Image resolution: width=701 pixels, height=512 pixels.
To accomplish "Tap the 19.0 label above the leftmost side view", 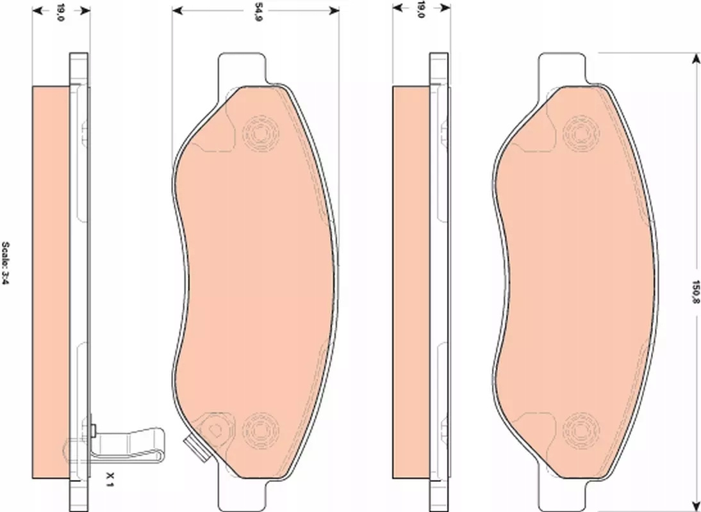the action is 62,12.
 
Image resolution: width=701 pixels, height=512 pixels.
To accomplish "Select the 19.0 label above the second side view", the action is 420,10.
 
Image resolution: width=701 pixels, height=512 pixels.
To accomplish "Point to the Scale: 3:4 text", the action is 5,264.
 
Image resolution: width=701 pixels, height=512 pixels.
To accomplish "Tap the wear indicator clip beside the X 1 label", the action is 128,444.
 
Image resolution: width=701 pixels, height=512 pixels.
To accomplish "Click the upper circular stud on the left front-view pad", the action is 261,133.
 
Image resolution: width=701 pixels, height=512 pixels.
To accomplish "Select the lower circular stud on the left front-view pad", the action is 261,431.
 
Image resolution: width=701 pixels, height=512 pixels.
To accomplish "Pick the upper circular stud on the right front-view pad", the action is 581,133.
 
